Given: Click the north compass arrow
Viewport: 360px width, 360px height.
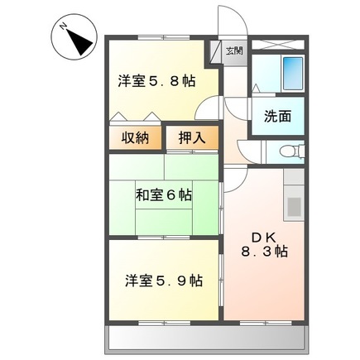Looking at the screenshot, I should (81, 42).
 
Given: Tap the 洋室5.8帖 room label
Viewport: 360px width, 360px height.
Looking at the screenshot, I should (156, 81).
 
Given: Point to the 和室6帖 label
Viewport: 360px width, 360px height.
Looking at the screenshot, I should (164, 196).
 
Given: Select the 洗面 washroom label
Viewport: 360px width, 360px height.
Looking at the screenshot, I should (278, 117).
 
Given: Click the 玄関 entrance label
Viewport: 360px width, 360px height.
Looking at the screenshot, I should (234, 51).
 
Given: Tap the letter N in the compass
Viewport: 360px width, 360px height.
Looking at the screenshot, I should (65, 27).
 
